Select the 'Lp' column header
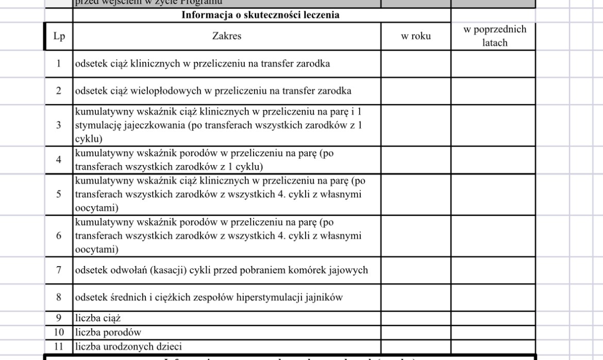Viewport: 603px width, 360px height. point(58,36)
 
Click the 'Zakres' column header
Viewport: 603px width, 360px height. point(226,36)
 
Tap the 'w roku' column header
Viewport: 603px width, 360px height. point(416,36)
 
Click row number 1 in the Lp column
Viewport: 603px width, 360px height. point(58,64)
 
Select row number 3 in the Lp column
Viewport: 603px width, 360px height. point(58,125)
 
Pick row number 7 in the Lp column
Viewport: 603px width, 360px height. point(58,270)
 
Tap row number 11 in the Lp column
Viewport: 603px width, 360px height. point(58,347)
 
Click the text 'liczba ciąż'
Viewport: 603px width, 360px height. point(98,318)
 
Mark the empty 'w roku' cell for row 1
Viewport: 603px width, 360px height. point(416,64)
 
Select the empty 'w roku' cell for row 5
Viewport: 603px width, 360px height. point(416,195)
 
